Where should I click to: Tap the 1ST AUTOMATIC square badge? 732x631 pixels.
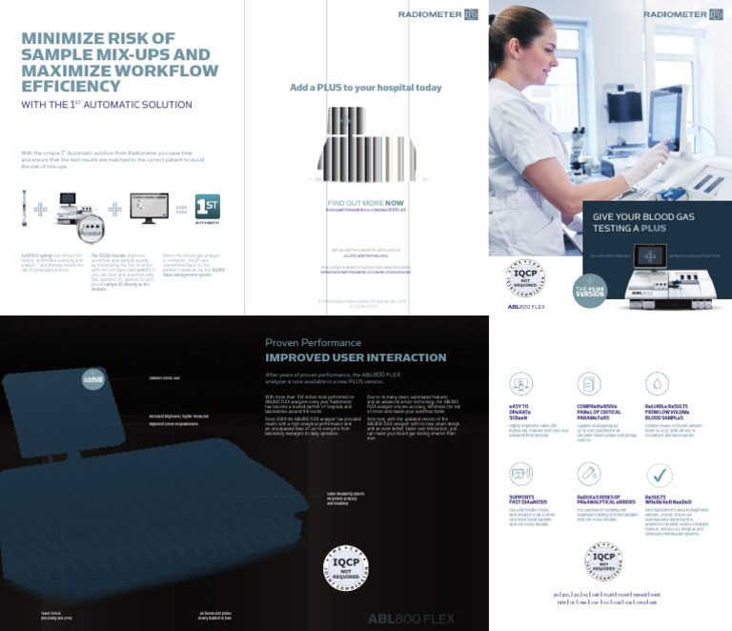click(207, 209)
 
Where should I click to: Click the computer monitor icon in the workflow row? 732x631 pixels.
click(148, 207)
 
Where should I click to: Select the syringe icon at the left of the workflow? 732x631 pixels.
click(23, 207)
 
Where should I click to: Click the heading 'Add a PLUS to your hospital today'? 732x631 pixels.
click(366, 88)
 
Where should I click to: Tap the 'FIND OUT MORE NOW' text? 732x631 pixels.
click(366, 203)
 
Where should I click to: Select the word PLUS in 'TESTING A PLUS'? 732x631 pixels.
click(653, 229)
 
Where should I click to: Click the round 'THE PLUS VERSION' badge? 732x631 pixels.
click(589, 289)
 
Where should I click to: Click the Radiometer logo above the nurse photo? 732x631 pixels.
click(681, 14)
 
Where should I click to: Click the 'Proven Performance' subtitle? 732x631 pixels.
click(313, 342)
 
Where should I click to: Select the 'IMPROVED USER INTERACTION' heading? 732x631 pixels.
click(356, 357)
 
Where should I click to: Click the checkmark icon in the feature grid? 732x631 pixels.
click(659, 475)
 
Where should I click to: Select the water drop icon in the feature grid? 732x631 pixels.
click(658, 383)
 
